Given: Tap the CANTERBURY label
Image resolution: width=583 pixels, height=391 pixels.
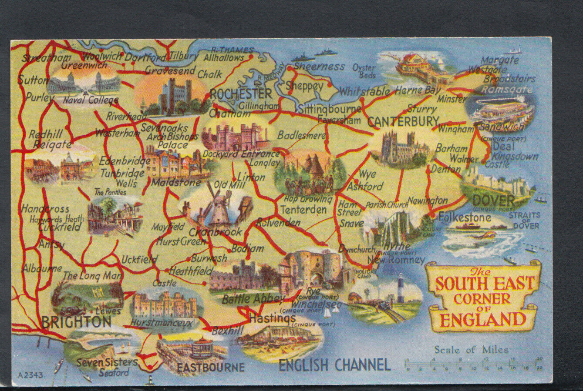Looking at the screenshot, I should [403, 121].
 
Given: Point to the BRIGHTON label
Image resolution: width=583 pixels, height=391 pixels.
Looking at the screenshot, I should [76, 322].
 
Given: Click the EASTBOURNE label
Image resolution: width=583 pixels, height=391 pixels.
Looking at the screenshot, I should [210, 368].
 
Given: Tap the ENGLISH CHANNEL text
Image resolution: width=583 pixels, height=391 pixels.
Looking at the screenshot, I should [334, 365].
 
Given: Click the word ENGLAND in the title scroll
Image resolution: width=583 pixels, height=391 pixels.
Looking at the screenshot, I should [483, 320].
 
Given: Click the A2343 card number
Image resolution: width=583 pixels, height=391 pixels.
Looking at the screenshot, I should [30, 375].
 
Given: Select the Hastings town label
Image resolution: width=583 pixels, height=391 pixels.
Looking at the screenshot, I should [272, 319].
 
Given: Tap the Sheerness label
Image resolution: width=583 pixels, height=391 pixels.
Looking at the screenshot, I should [319, 67].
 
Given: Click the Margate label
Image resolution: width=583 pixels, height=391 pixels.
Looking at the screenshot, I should [500, 60].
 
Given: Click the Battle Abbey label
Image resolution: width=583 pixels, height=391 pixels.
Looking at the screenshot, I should [253, 299].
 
